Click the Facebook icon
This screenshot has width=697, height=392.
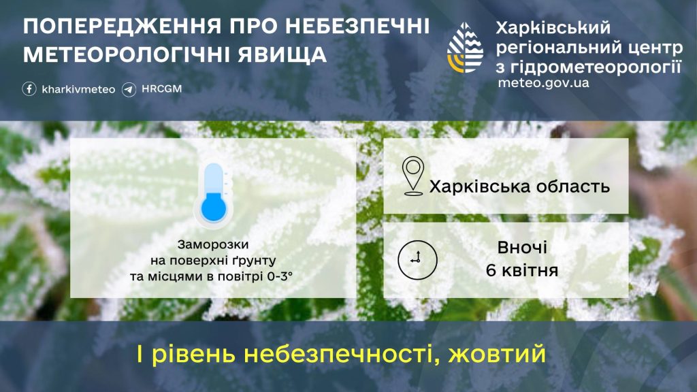[x=29, y=89]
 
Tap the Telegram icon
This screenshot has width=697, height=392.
[x=129, y=89]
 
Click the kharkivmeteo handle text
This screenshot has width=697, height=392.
[x=78, y=89]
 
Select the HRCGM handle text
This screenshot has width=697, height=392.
[x=161, y=89]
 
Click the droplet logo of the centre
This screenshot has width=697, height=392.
[x=466, y=48]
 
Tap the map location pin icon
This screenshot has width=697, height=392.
[x=412, y=176]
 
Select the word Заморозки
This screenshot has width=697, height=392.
[x=213, y=244]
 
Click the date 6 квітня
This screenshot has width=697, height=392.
[x=522, y=270]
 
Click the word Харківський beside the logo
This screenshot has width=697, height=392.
[x=553, y=28]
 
